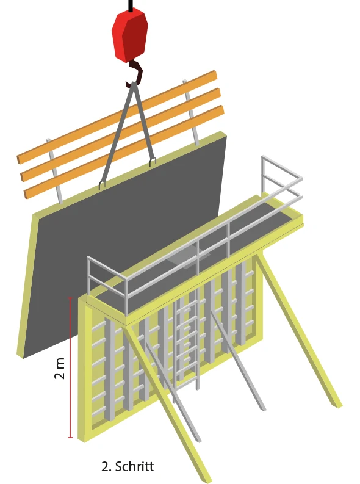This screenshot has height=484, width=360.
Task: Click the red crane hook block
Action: click(x=130, y=35)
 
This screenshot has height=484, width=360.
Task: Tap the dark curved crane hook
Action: click(x=136, y=73)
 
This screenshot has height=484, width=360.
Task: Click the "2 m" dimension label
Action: click(x=59, y=368)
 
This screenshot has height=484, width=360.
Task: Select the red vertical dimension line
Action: click(x=70, y=367)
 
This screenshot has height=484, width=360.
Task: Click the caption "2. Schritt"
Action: click(x=128, y=466)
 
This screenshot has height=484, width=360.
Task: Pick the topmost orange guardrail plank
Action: click(x=117, y=117)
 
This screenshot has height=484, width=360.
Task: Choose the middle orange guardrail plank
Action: click(x=121, y=135)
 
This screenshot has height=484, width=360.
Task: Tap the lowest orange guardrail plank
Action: click(x=124, y=152)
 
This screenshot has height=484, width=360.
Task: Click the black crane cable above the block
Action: click(x=131, y=5)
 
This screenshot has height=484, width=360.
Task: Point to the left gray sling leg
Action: click(x=117, y=136)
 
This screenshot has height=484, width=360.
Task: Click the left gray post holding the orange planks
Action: click(x=54, y=172)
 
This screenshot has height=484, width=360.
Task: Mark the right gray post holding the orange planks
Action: click(x=190, y=113)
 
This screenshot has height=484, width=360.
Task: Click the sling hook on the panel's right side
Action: click(x=153, y=162)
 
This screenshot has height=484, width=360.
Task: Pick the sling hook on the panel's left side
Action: click(x=102, y=185)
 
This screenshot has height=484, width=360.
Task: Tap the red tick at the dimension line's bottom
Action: click(x=70, y=438)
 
